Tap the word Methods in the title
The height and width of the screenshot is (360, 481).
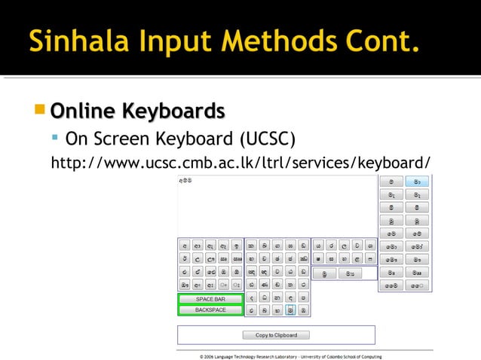point(264,38)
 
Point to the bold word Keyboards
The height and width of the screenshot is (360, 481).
point(173,111)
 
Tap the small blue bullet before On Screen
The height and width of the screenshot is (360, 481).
point(55,139)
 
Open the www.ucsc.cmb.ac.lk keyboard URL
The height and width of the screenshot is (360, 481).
point(240,163)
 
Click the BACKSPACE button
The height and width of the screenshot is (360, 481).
point(210,310)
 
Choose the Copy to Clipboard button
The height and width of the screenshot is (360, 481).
point(276,335)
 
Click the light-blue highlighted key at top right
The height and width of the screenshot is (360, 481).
point(416,182)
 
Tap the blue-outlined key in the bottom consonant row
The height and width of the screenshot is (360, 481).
point(290,310)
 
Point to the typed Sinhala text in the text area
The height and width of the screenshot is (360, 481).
point(185,182)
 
